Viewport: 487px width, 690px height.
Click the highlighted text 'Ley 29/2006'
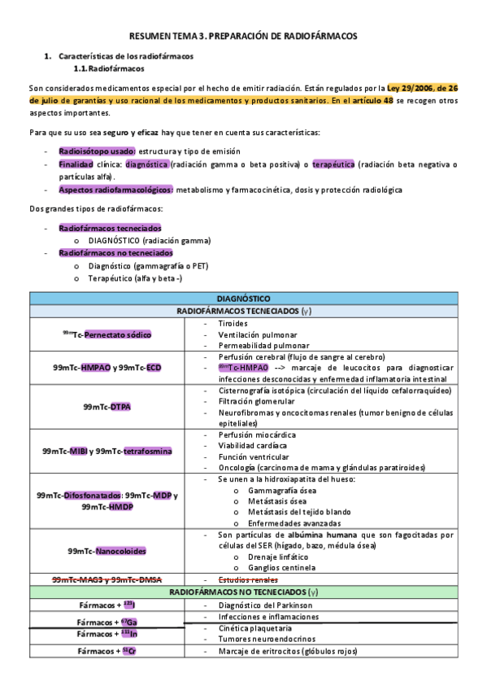412,87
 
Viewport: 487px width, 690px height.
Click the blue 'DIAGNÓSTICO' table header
244,299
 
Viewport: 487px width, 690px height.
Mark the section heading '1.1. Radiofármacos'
110,68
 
